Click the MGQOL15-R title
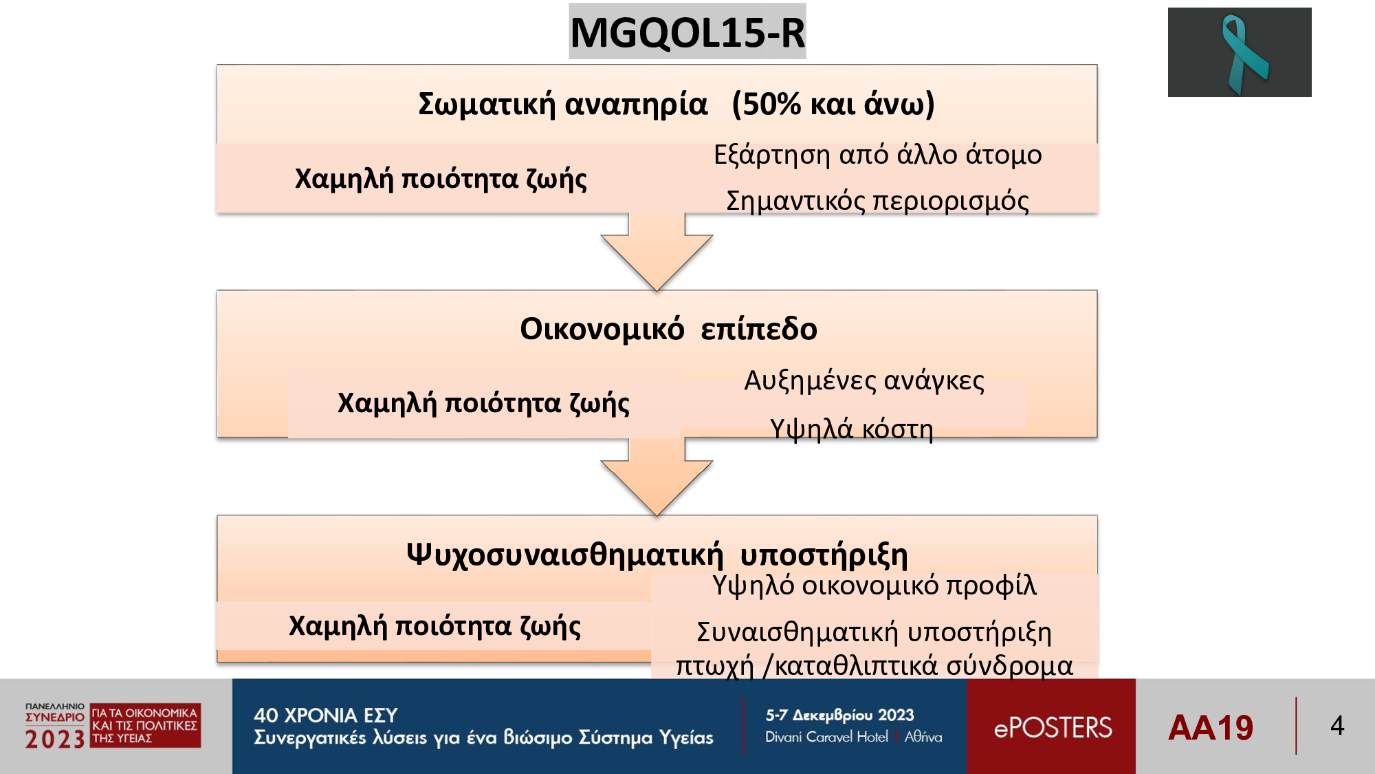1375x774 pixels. pyautogui.click(x=687, y=32)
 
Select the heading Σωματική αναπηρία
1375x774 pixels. pyautogui.click(x=562, y=105)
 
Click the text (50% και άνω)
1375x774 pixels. pyautogui.click(x=833, y=105)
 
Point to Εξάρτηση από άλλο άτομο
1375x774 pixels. pyautogui.click(x=878, y=155)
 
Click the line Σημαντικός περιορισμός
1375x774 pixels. pyautogui.click(x=878, y=201)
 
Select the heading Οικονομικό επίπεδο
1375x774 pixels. pyautogui.click(x=668, y=329)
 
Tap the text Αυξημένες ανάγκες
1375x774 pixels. pyautogui.click(x=864, y=380)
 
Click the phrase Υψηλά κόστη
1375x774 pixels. pyautogui.click(x=852, y=429)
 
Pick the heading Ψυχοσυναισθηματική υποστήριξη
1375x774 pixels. pyautogui.click(x=657, y=555)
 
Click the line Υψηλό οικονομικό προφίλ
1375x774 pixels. pyautogui.click(x=874, y=585)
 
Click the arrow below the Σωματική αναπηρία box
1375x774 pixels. pyautogui.click(x=657, y=251)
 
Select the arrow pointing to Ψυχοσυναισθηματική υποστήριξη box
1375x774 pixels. pyautogui.click(x=657, y=477)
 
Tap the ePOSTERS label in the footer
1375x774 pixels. pyautogui.click(x=1053, y=728)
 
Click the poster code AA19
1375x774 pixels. pyautogui.click(x=1211, y=728)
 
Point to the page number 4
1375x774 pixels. pyautogui.click(x=1337, y=726)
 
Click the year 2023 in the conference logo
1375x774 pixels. pyautogui.click(x=55, y=740)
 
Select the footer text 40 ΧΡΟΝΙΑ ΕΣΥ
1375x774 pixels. pyautogui.click(x=326, y=716)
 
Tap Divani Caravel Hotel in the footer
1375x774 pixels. pyautogui.click(x=826, y=737)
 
